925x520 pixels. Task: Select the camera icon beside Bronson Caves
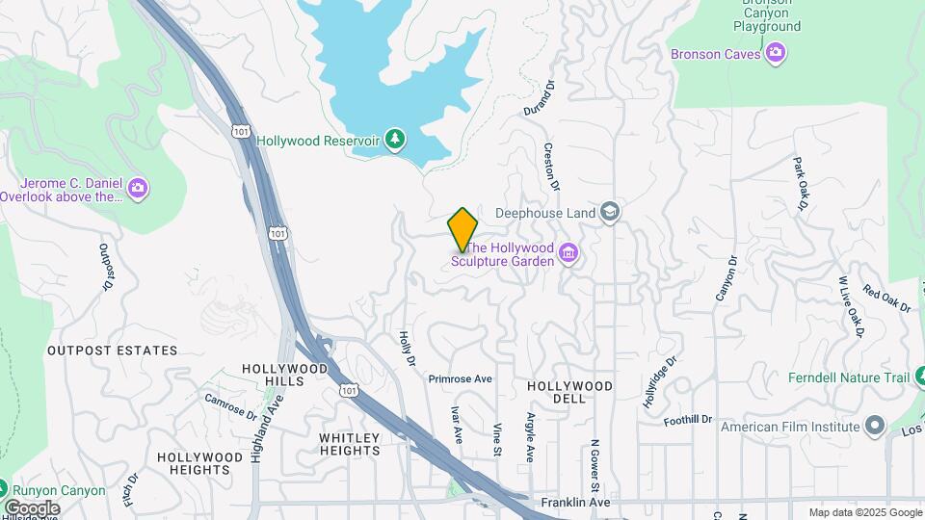[777, 54]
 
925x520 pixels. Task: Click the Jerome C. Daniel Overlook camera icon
[138, 187]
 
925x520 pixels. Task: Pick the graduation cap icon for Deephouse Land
[609, 212]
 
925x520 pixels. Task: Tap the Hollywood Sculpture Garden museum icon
[568, 254]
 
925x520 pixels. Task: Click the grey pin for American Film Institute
[874, 426]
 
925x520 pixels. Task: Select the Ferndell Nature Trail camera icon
[916, 377]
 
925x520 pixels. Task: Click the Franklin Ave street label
[575, 502]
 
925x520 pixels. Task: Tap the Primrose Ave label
[461, 379]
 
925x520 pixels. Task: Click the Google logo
[32, 507]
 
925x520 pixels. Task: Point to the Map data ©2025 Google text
[864, 512]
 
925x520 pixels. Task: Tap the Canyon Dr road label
[726, 277]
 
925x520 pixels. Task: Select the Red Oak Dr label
[886, 299]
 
